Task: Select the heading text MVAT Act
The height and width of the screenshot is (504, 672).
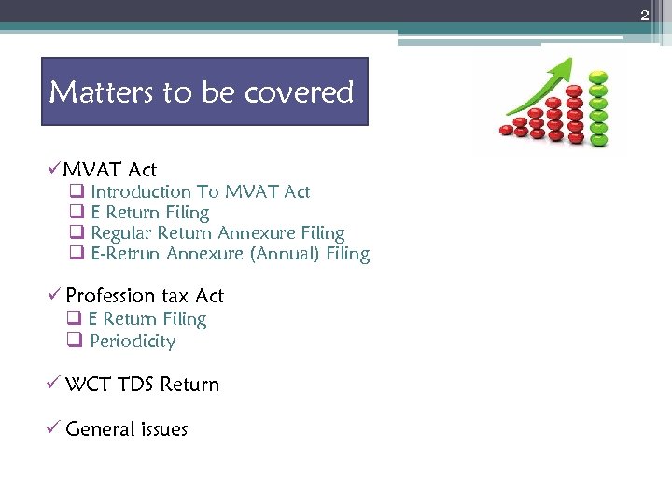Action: coord(109,169)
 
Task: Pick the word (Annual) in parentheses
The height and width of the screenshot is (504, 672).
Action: coord(285,254)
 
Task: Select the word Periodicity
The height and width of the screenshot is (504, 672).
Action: coord(133,342)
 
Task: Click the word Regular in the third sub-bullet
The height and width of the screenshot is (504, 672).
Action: coord(120,233)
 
